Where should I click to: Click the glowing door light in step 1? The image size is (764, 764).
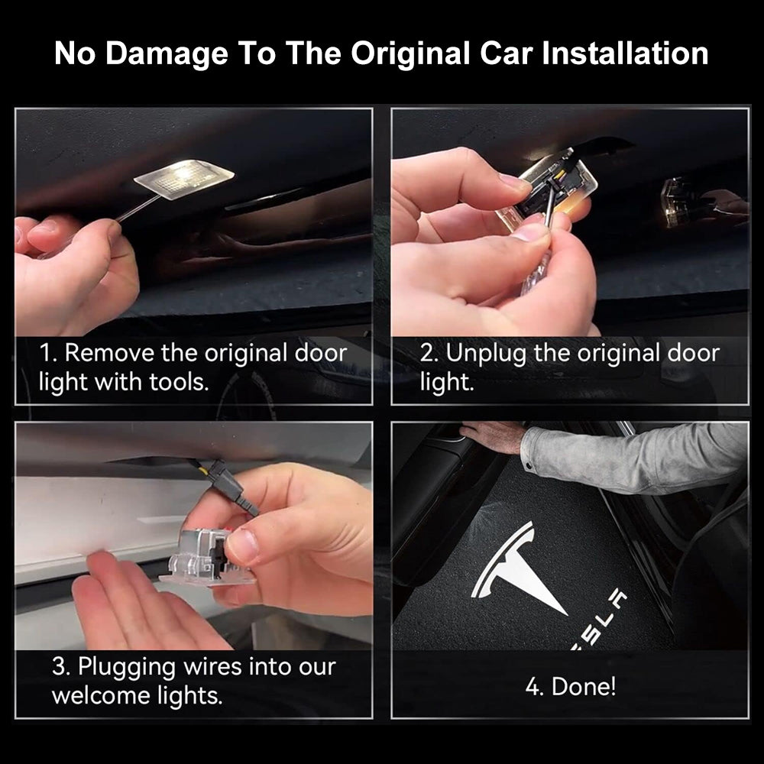pos(184,179)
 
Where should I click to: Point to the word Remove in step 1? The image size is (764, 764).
pos(109,353)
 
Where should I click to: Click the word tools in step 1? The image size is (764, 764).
pos(179,381)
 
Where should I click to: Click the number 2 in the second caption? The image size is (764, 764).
pos(428,353)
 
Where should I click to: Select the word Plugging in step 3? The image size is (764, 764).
pos(127,668)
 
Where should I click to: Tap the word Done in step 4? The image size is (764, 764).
pos(583,687)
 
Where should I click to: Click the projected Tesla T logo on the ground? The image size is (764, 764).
pos(516,565)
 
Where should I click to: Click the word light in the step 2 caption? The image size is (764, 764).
pos(447,381)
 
